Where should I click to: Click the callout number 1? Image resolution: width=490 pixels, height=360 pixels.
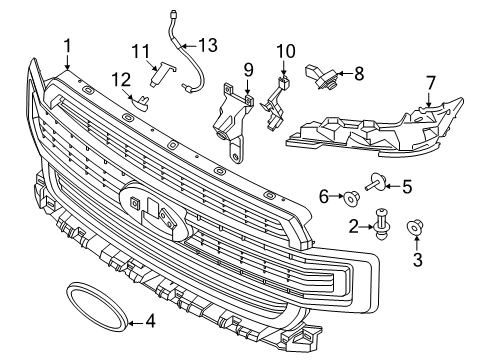pyautogui.click(x=67, y=45)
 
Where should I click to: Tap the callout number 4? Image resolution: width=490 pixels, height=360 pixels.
pyautogui.click(x=150, y=322)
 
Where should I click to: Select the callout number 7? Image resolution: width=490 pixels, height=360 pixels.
pyautogui.click(x=430, y=82)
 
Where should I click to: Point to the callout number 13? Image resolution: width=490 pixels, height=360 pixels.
pyautogui.click(x=207, y=45)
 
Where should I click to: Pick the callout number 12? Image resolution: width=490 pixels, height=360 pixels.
pyautogui.click(x=121, y=79)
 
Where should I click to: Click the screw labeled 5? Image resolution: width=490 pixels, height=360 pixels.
pyautogui.click(x=376, y=183)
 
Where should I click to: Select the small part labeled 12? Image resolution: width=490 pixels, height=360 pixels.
pyautogui.click(x=141, y=98)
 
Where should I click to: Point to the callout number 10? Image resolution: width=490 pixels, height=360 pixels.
pyautogui.click(x=286, y=50)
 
